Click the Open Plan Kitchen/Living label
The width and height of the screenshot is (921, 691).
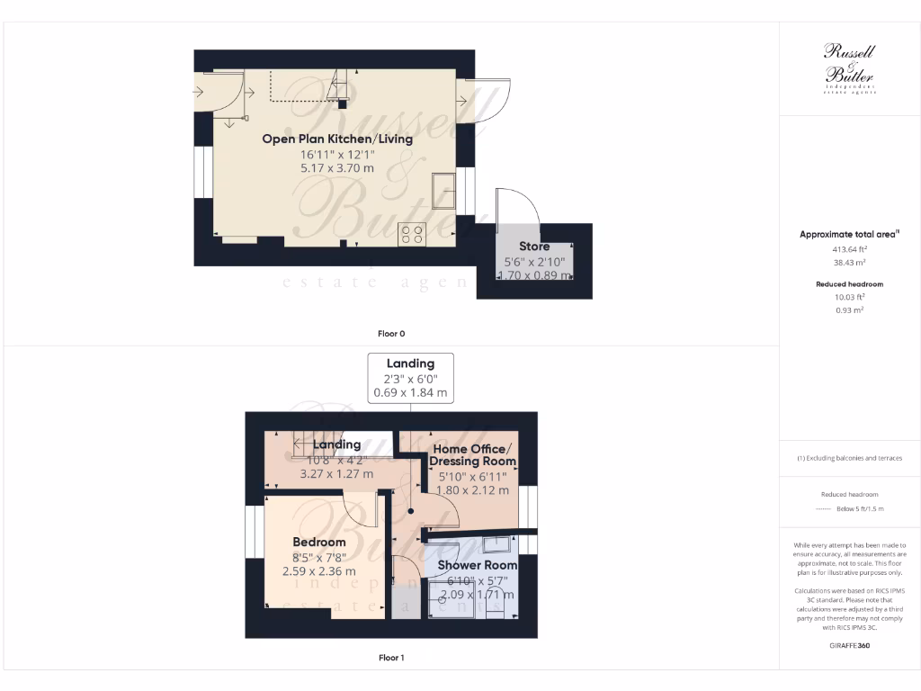tap(337, 139)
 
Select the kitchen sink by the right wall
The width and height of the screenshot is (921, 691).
tap(443, 190)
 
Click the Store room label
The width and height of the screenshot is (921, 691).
tap(534, 246)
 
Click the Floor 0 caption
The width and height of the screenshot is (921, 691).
tap(390, 334)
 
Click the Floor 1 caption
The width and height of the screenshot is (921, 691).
tap(390, 658)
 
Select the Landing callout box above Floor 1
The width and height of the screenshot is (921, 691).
tap(410, 378)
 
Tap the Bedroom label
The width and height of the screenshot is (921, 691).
tap(319, 542)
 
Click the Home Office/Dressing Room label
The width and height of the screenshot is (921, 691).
tap(473, 454)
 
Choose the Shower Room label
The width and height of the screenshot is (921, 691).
tap(477, 565)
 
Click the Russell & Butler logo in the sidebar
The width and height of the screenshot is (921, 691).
tap(849, 68)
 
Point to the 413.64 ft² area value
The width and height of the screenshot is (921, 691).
tap(849, 249)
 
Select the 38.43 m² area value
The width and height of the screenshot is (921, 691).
tap(849, 263)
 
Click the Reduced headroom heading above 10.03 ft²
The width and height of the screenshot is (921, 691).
tap(849, 284)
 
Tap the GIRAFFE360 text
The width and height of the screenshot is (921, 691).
tap(849, 645)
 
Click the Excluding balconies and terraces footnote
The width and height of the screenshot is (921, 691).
tap(849, 458)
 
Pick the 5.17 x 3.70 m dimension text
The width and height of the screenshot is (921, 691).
tap(337, 167)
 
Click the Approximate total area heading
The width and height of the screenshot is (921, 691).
tap(849, 234)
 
